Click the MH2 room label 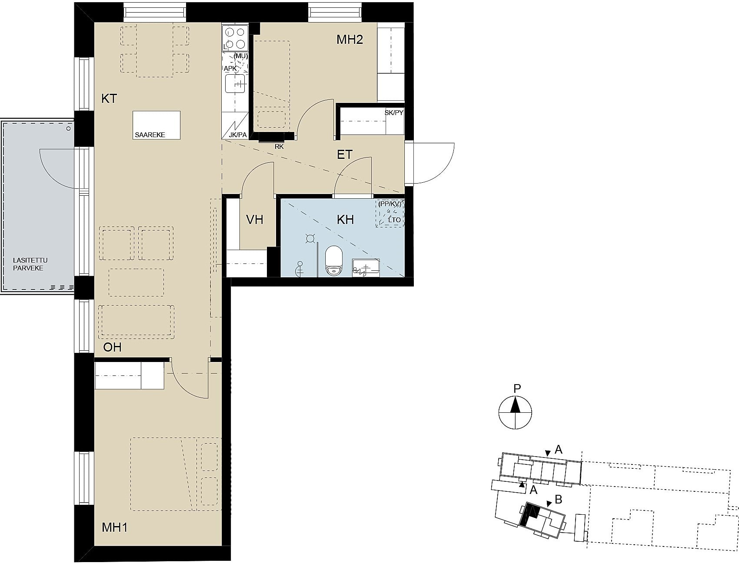pos(350,40)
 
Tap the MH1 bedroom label pos(115,528)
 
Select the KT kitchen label pos(109,99)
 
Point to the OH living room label pos(112,347)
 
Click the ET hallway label pos(345,155)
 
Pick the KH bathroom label pos(345,220)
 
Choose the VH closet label pos(255,220)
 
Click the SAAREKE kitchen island pos(156,125)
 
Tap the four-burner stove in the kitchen pos(235,38)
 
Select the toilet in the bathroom pos(334,261)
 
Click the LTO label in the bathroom pos(395,220)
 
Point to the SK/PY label pos(394,113)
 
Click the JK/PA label pos(238,135)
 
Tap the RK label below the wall pos(279,147)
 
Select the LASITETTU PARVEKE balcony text pos(30,264)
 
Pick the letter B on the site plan pos(559,500)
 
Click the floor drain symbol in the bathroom pos(310,238)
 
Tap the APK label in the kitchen pos(230,69)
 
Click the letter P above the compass pos(517,388)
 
